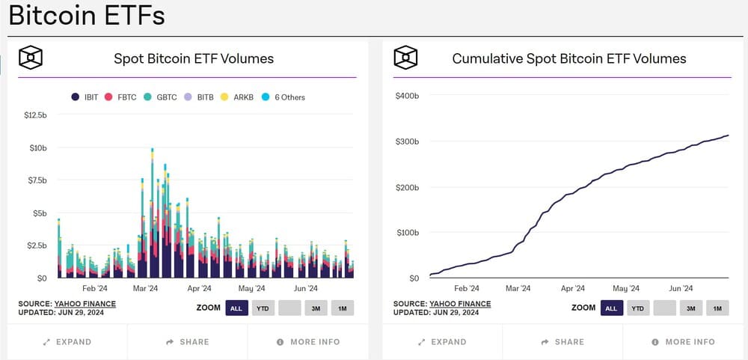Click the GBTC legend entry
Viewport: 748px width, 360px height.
(161, 97)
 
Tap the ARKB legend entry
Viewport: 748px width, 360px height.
(238, 97)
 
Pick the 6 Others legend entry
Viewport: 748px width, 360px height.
(283, 97)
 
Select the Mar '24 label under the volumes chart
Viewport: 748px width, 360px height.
(144, 288)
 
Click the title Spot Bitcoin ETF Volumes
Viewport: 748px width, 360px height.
(194, 58)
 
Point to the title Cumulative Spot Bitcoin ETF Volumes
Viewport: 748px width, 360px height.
(569, 58)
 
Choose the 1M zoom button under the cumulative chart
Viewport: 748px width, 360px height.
(717, 308)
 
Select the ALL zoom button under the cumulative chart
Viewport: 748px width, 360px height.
(611, 308)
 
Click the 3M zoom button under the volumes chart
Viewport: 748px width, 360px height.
(316, 308)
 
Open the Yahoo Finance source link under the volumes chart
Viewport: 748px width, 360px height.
(85, 304)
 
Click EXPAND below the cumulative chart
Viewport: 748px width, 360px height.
(442, 342)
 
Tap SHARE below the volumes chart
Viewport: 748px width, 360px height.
(188, 342)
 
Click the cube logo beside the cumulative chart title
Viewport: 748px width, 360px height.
(405, 58)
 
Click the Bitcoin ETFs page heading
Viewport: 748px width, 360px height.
(87, 16)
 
